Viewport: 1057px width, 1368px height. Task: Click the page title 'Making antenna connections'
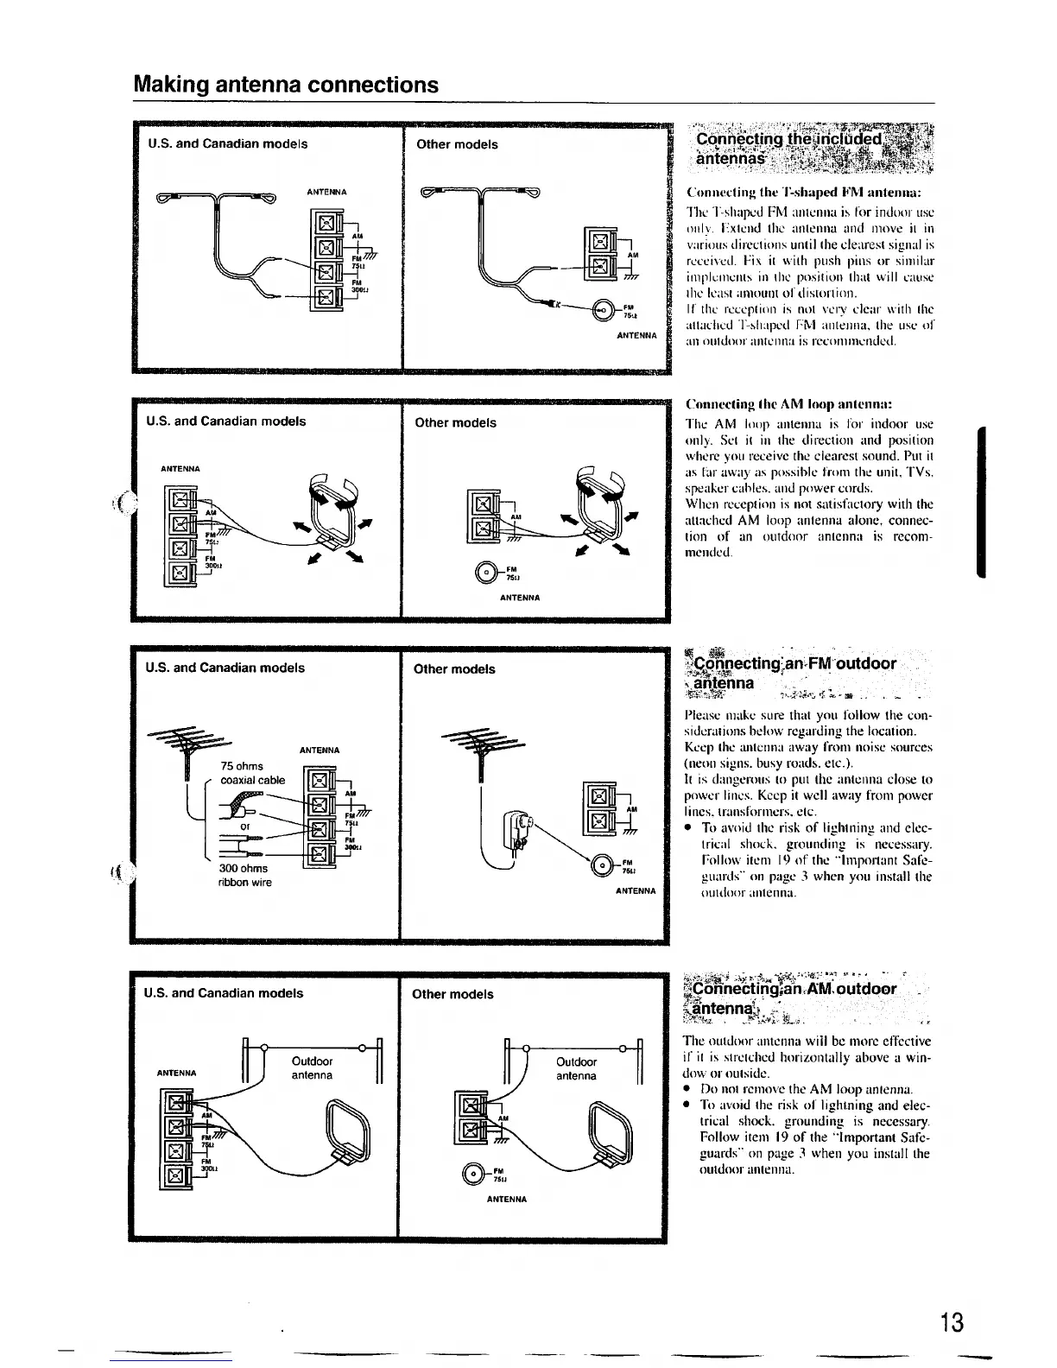pyautogui.click(x=286, y=85)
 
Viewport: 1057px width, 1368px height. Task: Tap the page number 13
pyautogui.click(x=951, y=1322)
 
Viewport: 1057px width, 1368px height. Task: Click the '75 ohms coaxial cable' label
pyautogui.click(x=252, y=773)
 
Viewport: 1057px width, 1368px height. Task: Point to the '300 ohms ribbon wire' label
pyautogui.click(x=244, y=875)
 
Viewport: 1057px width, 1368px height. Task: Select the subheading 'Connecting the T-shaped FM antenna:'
pyautogui.click(x=803, y=191)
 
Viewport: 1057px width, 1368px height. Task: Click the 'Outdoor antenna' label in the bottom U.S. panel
pyautogui.click(x=313, y=1067)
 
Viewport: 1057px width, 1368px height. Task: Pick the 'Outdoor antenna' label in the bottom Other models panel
pyautogui.click(x=576, y=1068)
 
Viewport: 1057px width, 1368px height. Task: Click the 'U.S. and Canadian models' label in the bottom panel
pyautogui.click(x=224, y=993)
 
